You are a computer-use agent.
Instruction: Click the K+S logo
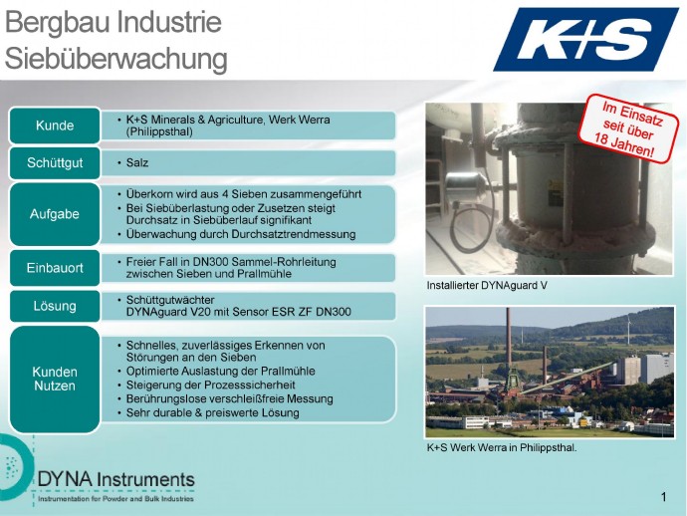coord(586,40)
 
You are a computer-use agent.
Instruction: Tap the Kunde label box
coord(55,126)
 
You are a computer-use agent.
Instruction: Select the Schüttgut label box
coord(55,163)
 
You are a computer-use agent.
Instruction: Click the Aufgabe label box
coord(55,214)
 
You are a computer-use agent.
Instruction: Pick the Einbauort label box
coord(55,268)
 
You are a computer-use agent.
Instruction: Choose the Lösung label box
coord(55,306)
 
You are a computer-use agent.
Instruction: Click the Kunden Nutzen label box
coord(55,380)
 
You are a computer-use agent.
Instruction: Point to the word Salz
coord(137,162)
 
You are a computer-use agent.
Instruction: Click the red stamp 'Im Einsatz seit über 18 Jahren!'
coord(627,129)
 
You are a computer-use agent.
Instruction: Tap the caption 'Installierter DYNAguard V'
coord(487,286)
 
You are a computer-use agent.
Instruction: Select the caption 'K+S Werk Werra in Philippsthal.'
coord(502,448)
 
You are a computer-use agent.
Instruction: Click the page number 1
coord(664,497)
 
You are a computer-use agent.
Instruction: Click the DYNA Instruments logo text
coord(116,479)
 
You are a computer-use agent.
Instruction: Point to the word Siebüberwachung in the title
coord(116,59)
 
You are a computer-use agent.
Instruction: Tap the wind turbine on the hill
coord(628,330)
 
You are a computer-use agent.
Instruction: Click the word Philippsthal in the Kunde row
coord(159,131)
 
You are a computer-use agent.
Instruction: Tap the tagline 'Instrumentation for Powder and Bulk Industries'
coord(116,499)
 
